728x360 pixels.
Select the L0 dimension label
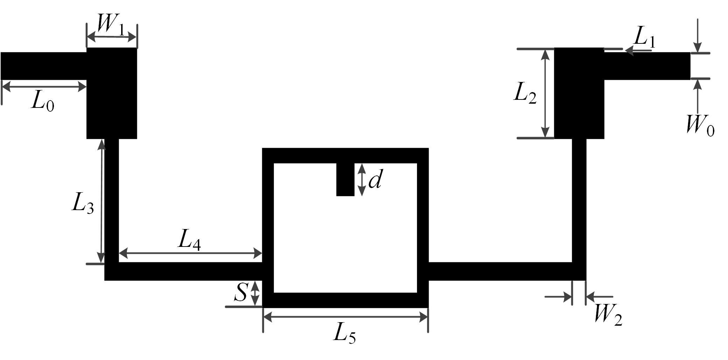click(x=43, y=102)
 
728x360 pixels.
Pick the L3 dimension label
click(x=83, y=203)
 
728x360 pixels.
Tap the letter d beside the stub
click(x=375, y=180)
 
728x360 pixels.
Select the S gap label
click(x=241, y=292)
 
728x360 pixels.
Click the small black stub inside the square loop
click(x=345, y=179)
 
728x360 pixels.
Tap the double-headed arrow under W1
click(x=112, y=36)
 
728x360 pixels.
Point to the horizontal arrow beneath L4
click(x=190, y=253)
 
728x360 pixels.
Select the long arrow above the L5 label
click(x=346, y=317)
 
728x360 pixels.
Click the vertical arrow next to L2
click(x=545, y=93)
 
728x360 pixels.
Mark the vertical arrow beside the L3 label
click(x=102, y=201)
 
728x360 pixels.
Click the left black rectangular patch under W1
click(x=112, y=93)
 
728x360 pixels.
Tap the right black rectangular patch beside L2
click(x=579, y=93)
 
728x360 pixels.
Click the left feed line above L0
click(x=44, y=66)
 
